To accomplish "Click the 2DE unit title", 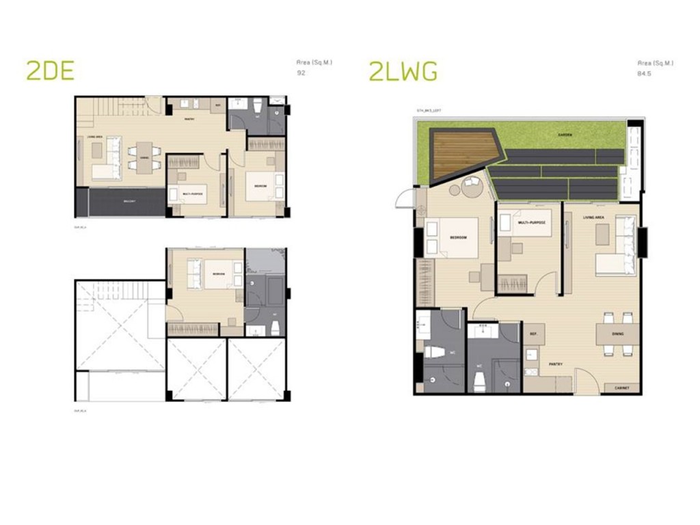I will (50, 70).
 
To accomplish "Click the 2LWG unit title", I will (403, 70).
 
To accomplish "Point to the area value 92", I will (301, 72).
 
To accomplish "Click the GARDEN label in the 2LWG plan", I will (565, 135).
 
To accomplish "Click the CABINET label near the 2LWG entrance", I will (621, 387).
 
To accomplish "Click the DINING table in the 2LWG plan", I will (617, 334).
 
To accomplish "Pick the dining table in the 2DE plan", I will (144, 157).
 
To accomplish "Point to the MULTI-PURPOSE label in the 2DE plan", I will (193, 193).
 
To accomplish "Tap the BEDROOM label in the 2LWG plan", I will (458, 237).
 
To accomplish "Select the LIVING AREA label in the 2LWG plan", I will (593, 217).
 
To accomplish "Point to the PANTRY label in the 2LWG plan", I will (555, 364).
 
